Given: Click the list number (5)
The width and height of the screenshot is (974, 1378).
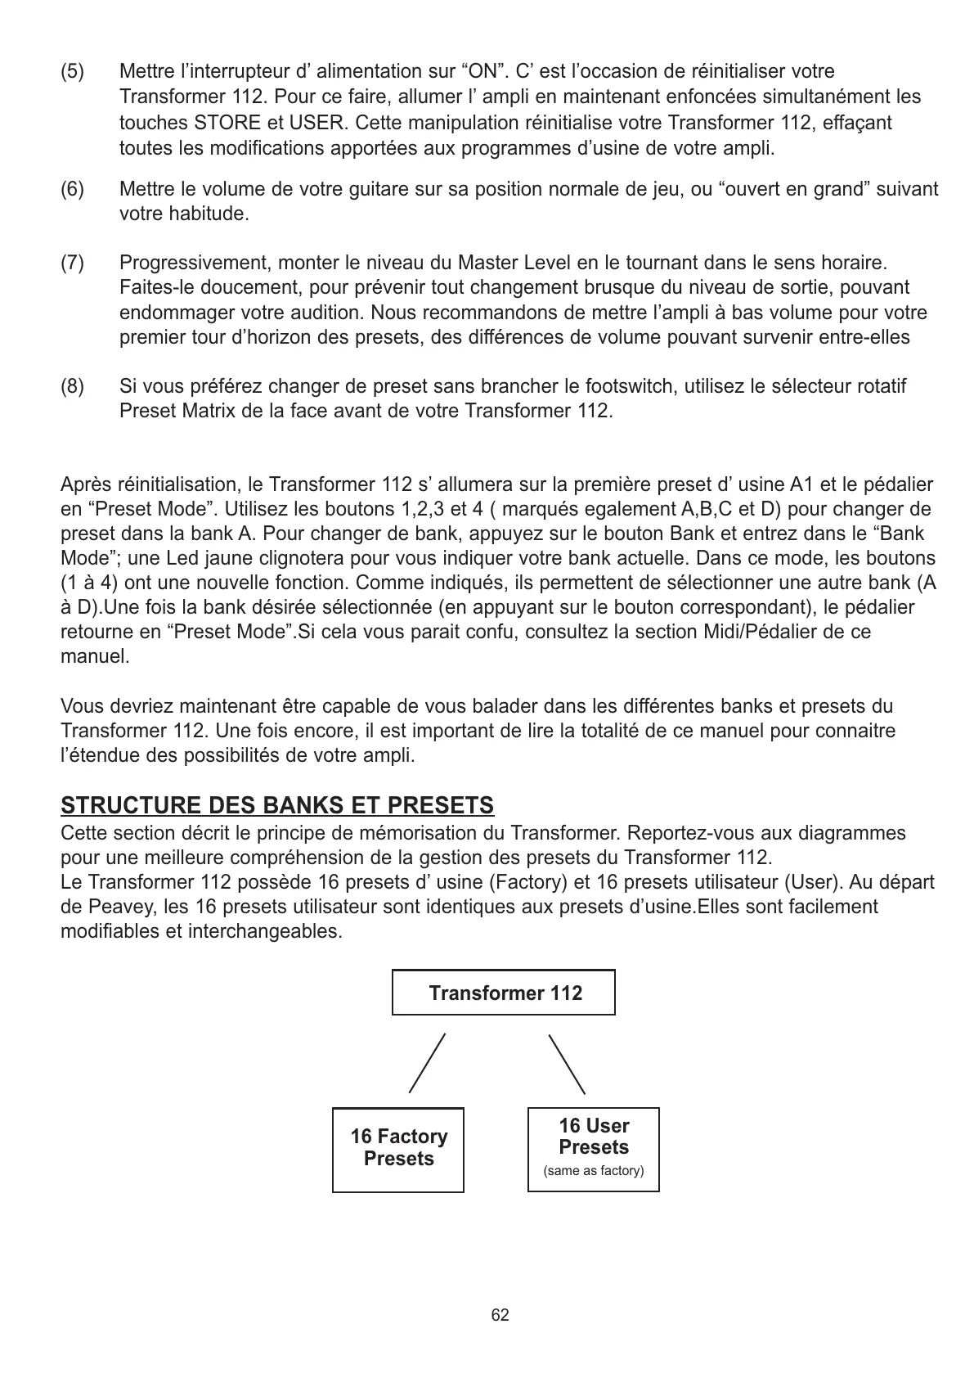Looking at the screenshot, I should pos(72,72).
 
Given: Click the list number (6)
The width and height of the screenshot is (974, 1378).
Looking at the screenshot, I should pos(72,190).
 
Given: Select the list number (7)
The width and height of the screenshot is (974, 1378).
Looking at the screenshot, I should pos(72,263).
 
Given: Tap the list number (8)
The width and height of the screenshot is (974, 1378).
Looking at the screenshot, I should pos(72,385).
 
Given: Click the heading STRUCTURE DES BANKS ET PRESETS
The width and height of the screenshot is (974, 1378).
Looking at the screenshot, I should pos(277,806).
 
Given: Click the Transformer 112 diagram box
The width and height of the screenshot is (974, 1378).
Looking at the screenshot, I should pos(504,993).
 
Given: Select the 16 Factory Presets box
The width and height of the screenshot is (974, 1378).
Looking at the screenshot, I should pos(398,1149).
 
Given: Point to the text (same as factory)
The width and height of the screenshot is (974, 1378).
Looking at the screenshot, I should pos(594,1171).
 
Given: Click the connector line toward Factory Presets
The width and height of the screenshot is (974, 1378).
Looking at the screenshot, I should pos(427,1063).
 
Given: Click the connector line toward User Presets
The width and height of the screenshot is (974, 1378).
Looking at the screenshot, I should pos(567,1064).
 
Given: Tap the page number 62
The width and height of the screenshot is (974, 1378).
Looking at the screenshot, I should pos(500,1315).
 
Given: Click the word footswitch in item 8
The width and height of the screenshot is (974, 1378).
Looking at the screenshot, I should pos(630,385).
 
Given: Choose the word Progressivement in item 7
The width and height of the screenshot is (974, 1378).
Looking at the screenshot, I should pos(196,263).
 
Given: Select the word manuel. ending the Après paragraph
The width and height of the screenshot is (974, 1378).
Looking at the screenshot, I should pos(95,656).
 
